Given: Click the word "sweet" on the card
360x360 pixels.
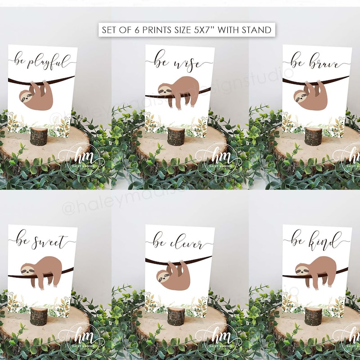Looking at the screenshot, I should pyautogui.click(x=52, y=242).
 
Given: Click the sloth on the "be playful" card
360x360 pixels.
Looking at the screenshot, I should pyautogui.click(x=36, y=95).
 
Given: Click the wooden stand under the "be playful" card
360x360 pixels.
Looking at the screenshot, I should pyautogui.click(x=39, y=136).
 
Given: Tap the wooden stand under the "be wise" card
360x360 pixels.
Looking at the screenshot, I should pyautogui.click(x=176, y=136).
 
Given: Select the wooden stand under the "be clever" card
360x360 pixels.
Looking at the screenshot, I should pyautogui.click(x=176, y=316).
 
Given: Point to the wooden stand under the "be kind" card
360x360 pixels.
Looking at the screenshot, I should pyautogui.click(x=313, y=316).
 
